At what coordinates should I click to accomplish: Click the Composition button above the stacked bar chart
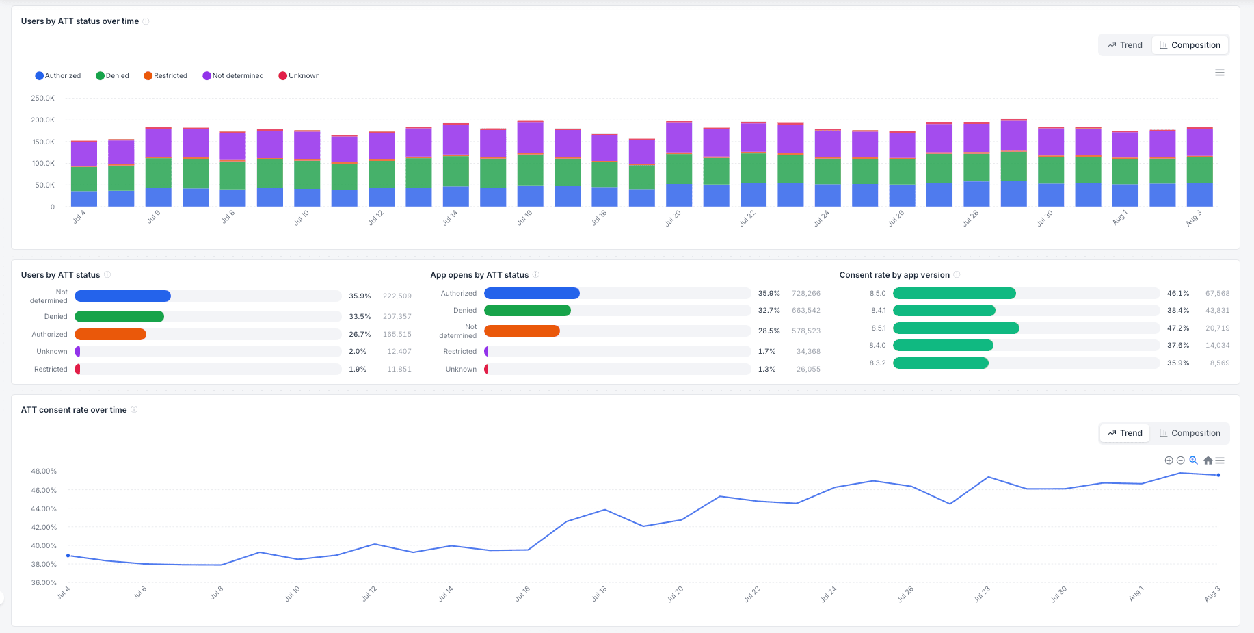(x=1190, y=45)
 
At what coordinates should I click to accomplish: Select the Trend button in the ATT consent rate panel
(x=1125, y=433)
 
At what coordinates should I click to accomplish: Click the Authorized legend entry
(x=58, y=76)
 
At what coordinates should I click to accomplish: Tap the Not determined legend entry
(x=233, y=76)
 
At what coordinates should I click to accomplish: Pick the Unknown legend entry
(x=299, y=76)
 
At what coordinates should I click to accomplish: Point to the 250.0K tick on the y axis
(x=42, y=99)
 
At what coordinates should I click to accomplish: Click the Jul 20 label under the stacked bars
(x=673, y=219)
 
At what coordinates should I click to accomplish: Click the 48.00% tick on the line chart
(x=44, y=471)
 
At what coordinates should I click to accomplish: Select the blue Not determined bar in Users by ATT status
(x=122, y=296)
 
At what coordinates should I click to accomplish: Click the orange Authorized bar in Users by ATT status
(x=110, y=335)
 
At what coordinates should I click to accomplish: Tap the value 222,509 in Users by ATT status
(x=397, y=296)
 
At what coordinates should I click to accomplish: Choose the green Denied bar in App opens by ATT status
(x=527, y=311)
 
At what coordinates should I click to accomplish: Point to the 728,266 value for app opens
(x=806, y=294)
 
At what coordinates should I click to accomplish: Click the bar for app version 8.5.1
(x=956, y=328)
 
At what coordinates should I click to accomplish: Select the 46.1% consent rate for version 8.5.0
(x=1178, y=294)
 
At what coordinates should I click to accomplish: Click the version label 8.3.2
(x=878, y=363)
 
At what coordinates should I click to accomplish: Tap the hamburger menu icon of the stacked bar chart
(x=1220, y=73)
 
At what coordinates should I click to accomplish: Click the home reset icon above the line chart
(x=1208, y=461)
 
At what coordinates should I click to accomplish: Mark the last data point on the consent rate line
(x=1218, y=475)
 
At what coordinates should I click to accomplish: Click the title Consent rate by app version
(x=894, y=275)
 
